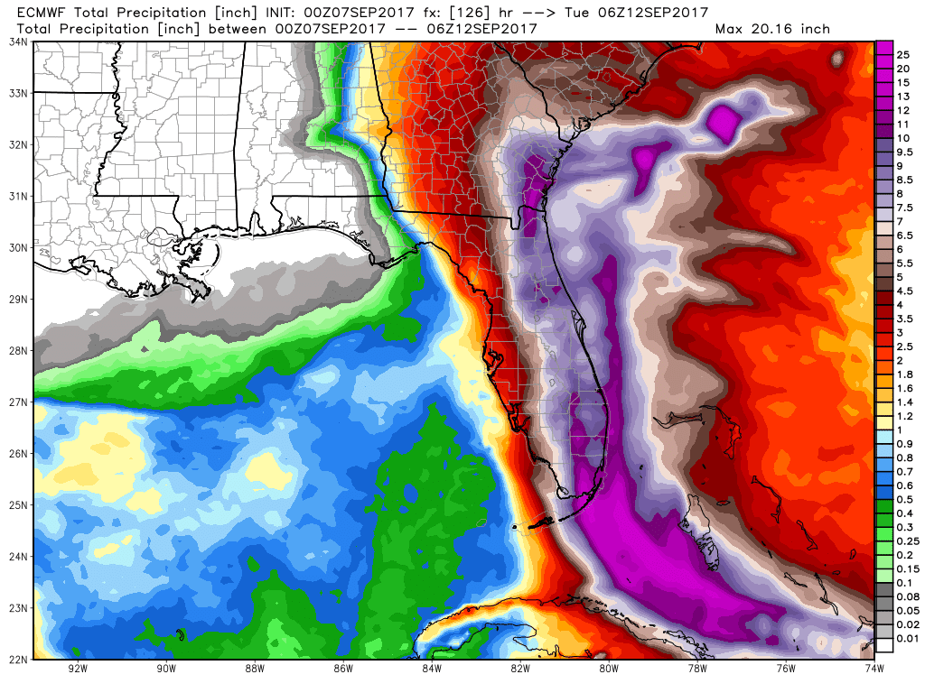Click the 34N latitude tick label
(16, 42)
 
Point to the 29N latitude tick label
(16, 299)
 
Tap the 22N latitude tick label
(16, 659)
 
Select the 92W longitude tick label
(78, 669)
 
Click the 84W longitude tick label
(431, 669)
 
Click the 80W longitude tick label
(608, 669)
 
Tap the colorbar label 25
(901, 55)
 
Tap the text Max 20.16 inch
(772, 29)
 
